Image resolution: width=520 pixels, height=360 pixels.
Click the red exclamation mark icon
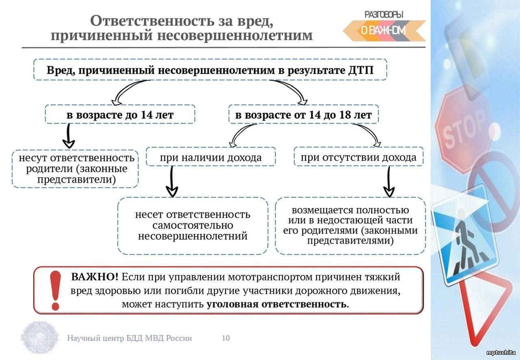pos(55,291)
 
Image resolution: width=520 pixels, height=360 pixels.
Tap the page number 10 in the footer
pos(225,338)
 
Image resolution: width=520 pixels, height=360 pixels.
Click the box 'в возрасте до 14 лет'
pos(120,114)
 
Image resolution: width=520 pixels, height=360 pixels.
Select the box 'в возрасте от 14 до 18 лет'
pos(303,114)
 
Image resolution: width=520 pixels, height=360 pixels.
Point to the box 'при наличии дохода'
pos(211,156)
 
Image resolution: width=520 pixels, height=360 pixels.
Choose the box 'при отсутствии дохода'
pos(358,156)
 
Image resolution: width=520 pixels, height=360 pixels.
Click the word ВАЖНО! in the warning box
pos(95,277)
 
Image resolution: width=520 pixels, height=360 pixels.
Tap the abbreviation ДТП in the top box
pos(361,70)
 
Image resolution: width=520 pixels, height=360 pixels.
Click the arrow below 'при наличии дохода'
pos(172,182)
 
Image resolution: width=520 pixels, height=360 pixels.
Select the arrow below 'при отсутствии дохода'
pos(389,182)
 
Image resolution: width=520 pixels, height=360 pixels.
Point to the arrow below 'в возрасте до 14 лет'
pos(69,136)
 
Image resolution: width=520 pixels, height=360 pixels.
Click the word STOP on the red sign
pos(464,130)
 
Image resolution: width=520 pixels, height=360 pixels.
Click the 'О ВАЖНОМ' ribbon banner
pos(384,30)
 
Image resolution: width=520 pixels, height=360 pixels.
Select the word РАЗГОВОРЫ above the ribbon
pos(384,15)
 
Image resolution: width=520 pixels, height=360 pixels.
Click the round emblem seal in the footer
pos(40,338)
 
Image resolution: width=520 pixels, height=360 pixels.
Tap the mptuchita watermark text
pos(501,353)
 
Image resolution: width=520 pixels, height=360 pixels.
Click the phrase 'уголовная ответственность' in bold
pos(277,304)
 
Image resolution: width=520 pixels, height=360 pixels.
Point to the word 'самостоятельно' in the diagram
pos(193,225)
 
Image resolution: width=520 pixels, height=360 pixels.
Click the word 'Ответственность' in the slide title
pos(152,20)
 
